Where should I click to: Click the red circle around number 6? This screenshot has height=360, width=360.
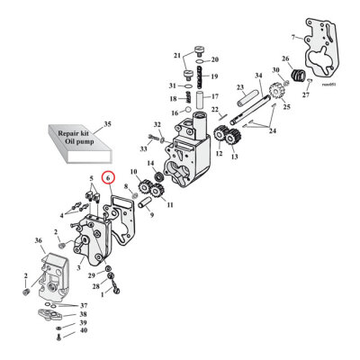coord(108,179)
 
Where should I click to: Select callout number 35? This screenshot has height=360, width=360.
coord(109,122)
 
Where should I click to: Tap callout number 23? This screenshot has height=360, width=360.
coord(241,87)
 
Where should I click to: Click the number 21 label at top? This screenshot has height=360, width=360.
coord(177,56)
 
